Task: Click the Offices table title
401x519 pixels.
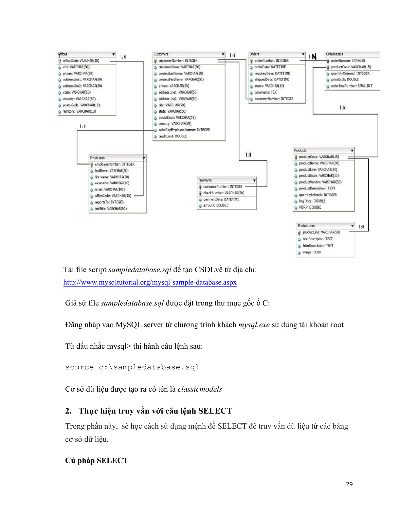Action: tap(63, 54)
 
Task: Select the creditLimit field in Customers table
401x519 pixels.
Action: tap(173, 136)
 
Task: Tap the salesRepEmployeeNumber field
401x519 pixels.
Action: tap(184, 130)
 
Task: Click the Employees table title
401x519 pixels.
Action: tap(97, 158)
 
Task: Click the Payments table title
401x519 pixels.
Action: tap(205, 180)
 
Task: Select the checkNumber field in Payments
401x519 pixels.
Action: tap(224, 193)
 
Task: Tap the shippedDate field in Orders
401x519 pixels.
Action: tap(272, 80)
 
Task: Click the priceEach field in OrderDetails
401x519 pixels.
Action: tap(345, 80)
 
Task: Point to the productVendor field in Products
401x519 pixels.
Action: tap(320, 182)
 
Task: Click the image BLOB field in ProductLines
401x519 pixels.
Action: tap(312, 252)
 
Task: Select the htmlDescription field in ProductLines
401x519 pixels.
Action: tap(318, 246)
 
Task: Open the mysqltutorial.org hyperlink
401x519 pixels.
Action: tap(150, 282)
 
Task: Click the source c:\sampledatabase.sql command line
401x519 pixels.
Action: tap(132, 367)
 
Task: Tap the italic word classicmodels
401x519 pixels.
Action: tap(200, 389)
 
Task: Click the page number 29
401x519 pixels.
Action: tap(349, 484)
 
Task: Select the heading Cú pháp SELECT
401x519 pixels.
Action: tap(97, 461)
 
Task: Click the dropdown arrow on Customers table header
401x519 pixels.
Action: tap(223, 54)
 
